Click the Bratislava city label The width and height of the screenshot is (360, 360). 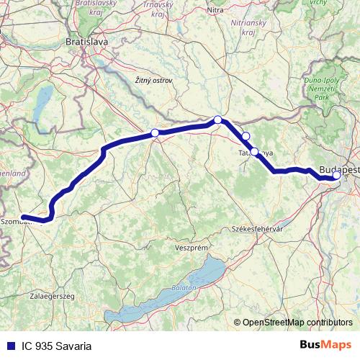(x=86, y=42)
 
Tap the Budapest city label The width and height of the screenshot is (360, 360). (x=338, y=167)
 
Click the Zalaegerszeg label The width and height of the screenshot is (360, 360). (x=32, y=295)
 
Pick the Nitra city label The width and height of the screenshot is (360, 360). (x=215, y=10)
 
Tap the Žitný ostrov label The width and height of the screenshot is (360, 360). (x=153, y=80)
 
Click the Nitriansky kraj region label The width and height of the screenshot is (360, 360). (x=250, y=27)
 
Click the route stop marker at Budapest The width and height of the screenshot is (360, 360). (x=336, y=175)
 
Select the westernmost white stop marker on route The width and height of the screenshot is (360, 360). (x=154, y=132)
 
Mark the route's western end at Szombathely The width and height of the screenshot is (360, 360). (x=23, y=217)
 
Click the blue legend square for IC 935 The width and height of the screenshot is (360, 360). (x=9, y=346)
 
